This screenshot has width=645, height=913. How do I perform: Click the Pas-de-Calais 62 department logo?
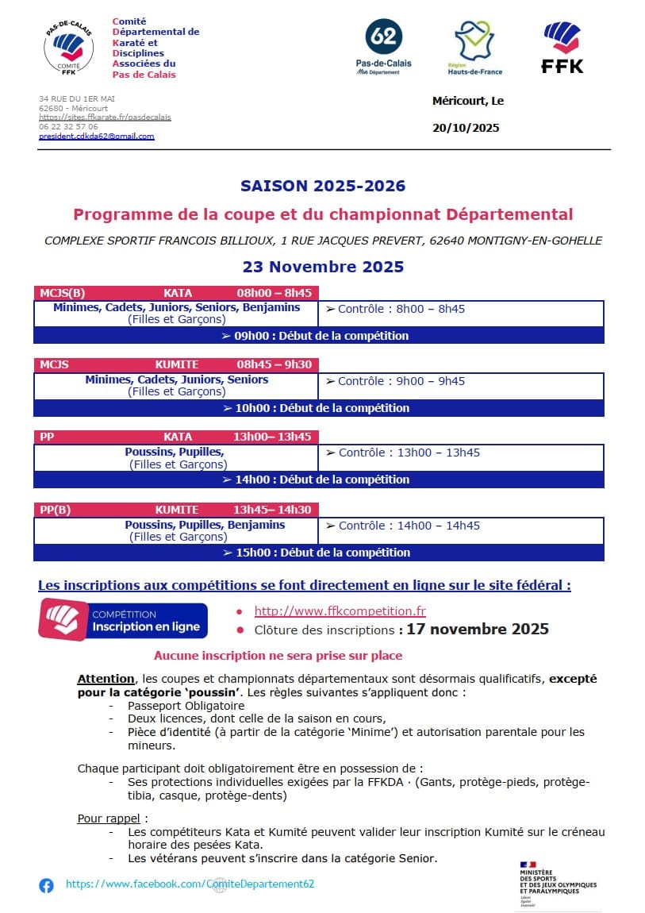click(383, 47)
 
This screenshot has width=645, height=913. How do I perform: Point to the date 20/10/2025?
click(466, 128)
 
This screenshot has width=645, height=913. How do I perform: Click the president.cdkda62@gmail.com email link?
click(97, 137)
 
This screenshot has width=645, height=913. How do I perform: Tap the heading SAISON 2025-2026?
click(323, 187)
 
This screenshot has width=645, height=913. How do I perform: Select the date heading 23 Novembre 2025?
click(323, 267)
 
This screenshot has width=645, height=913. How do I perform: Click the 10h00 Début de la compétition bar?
click(319, 408)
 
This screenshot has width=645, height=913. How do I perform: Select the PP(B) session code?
click(56, 510)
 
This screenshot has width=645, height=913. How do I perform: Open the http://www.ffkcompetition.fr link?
click(340, 611)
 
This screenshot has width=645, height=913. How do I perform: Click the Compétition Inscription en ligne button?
click(123, 621)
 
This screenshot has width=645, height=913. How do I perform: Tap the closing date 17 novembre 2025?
click(478, 630)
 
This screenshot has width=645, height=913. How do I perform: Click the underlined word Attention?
click(106, 679)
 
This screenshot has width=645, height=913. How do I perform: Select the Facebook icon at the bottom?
click(47, 885)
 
